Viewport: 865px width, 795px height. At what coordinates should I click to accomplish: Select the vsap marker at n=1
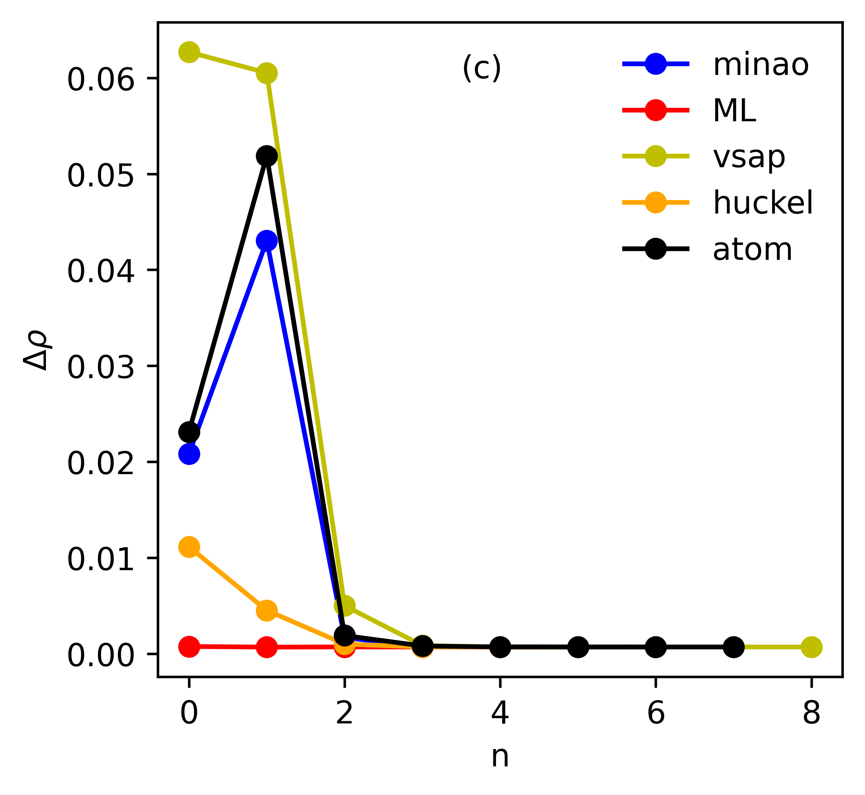coord(267,73)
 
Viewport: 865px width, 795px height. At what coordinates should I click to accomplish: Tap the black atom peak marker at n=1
coord(267,156)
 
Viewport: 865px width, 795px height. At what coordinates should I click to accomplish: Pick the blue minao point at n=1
coord(267,241)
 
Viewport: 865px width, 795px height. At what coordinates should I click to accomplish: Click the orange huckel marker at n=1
coord(267,611)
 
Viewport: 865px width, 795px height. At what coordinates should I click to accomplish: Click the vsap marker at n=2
coord(345,606)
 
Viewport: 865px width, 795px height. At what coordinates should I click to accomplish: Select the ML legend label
coord(734,111)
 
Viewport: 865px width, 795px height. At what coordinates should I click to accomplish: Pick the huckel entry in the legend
coord(763,203)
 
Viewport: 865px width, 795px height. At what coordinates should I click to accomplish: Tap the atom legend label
coord(752,250)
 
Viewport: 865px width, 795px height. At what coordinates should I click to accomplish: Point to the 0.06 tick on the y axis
coord(101,80)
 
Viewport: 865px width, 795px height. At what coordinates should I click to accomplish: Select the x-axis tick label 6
coord(656,714)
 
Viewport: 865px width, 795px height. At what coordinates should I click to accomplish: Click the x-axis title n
coord(500,768)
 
